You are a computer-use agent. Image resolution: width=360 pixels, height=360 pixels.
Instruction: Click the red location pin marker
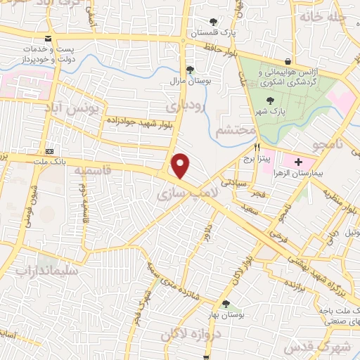point(181,166)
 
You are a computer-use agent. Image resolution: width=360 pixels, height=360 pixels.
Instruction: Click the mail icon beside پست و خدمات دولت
point(47,39)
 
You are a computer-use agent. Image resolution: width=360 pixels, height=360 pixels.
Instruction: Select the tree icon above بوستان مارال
point(190,69)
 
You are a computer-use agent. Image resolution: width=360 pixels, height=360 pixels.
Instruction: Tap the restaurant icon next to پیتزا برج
point(257,147)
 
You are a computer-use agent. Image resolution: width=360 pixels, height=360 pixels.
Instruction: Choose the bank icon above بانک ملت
point(49,151)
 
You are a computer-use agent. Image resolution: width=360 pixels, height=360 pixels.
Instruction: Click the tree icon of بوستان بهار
point(226,304)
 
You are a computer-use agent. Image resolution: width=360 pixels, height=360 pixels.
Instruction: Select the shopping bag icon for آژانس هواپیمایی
point(288,60)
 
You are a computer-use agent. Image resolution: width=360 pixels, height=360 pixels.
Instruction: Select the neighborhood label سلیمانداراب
point(49,271)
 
